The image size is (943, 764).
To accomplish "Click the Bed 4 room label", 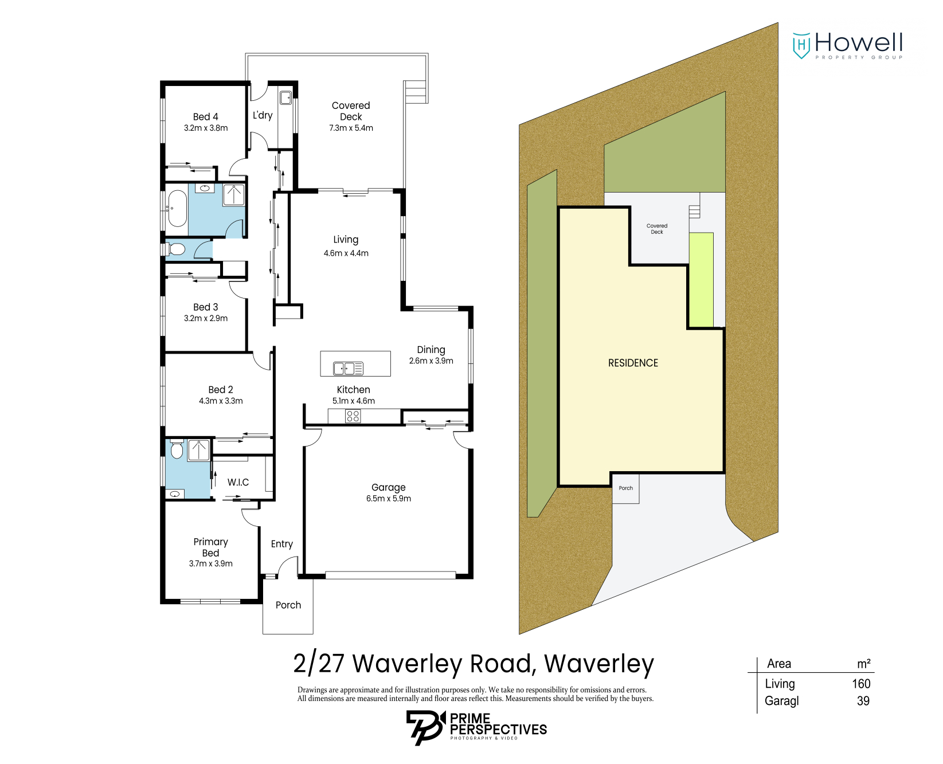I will (205, 117).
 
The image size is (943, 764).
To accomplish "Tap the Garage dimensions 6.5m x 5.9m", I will (388, 499).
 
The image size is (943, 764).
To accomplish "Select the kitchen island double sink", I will (348, 369).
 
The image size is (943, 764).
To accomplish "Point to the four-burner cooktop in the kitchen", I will (353, 416).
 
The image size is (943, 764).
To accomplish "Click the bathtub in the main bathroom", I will (177, 209).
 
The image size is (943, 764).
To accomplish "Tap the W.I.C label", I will (238, 482).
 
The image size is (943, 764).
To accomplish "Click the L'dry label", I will (263, 115).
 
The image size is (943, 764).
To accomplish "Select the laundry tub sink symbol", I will (285, 97).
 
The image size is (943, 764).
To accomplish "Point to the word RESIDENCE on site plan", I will (633, 363).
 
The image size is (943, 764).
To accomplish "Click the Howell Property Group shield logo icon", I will (801, 45).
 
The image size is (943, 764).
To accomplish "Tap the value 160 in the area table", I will (860, 684).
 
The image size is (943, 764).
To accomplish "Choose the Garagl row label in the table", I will (781, 701).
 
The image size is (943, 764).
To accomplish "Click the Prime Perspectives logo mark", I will (425, 727).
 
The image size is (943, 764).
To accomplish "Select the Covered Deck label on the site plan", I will (656, 229).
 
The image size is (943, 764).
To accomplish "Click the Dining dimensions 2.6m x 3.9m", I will (431, 361).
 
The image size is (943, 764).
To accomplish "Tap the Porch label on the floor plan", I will (288, 605).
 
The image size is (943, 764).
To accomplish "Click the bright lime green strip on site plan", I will (701, 280).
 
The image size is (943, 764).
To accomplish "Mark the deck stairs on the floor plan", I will (416, 92).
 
